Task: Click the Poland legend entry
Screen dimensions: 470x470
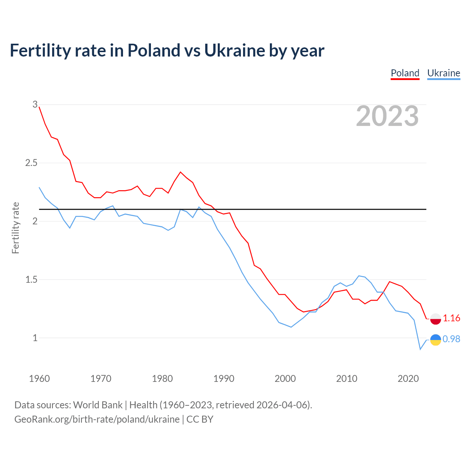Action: pos(405,73)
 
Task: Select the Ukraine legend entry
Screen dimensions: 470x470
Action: pos(444,73)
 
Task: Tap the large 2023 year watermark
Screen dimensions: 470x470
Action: pos(387,116)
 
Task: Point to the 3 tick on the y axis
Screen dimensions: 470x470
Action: pos(35,105)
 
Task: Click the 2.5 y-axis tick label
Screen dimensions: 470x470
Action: pos(31,163)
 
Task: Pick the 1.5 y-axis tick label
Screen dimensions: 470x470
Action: pos(31,279)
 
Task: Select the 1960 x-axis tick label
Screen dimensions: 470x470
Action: pos(39,379)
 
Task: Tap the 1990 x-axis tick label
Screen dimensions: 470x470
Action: pos(224,379)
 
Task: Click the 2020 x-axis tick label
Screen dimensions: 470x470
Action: pos(408,379)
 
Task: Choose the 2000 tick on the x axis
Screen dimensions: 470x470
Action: pos(285,379)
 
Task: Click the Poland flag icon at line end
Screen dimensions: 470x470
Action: pos(435,319)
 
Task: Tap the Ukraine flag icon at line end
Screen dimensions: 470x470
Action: pos(435,340)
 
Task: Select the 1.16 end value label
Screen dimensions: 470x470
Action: pos(451,318)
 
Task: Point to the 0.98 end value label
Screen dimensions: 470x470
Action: pos(451,339)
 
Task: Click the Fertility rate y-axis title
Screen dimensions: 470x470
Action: pos(15,228)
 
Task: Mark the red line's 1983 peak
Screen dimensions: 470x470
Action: pos(180,172)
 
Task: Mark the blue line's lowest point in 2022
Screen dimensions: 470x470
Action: pos(420,349)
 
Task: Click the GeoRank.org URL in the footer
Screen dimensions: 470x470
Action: pos(97,419)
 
